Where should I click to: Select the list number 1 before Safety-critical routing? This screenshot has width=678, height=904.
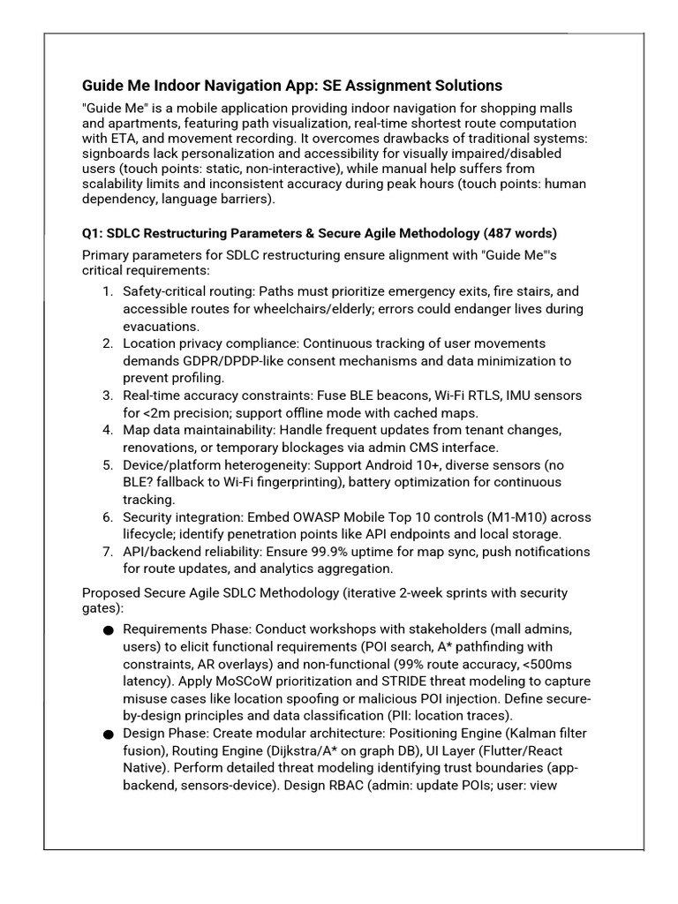click(x=108, y=291)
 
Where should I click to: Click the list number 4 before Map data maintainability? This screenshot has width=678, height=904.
click(x=108, y=430)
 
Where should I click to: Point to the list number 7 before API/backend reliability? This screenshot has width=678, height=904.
click(x=108, y=552)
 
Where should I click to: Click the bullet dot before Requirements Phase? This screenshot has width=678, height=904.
click(x=108, y=630)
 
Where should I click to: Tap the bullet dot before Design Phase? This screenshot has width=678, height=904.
click(x=108, y=734)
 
